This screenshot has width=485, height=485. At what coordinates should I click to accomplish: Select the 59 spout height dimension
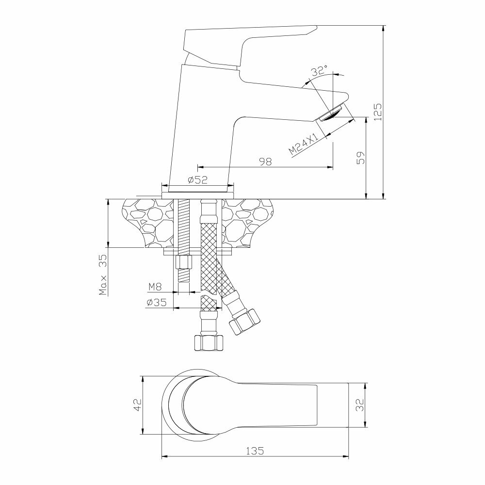tap(360, 158)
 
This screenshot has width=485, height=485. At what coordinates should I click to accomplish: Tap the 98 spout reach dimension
tap(265, 162)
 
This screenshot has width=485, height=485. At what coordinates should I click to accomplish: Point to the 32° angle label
tap(319, 71)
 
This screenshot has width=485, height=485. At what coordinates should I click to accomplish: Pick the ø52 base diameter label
tap(197, 180)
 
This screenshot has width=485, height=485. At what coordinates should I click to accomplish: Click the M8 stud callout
tap(155, 287)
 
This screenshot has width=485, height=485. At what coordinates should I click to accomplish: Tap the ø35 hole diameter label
tap(156, 303)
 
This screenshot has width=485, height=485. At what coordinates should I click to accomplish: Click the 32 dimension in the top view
tap(359, 405)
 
